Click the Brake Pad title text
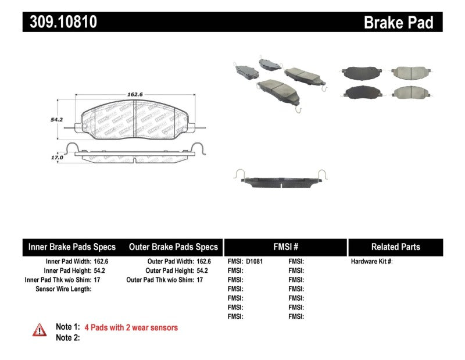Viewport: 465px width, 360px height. point(398,22)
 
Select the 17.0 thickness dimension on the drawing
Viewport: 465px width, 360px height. point(56,156)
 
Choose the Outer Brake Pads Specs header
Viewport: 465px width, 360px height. point(173,247)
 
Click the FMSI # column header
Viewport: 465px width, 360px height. point(285,247)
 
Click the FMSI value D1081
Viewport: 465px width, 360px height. point(255,262)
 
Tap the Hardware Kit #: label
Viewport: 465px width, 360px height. point(371,262)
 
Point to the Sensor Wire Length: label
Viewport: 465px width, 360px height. point(63,289)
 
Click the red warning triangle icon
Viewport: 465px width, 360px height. point(39,330)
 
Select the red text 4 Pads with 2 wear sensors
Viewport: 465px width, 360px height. point(131,327)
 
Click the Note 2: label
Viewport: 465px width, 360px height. point(67,337)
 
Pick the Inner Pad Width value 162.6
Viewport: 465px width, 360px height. point(102,262)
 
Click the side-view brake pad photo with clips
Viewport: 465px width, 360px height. point(281,180)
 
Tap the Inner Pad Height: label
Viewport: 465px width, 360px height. point(67,271)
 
